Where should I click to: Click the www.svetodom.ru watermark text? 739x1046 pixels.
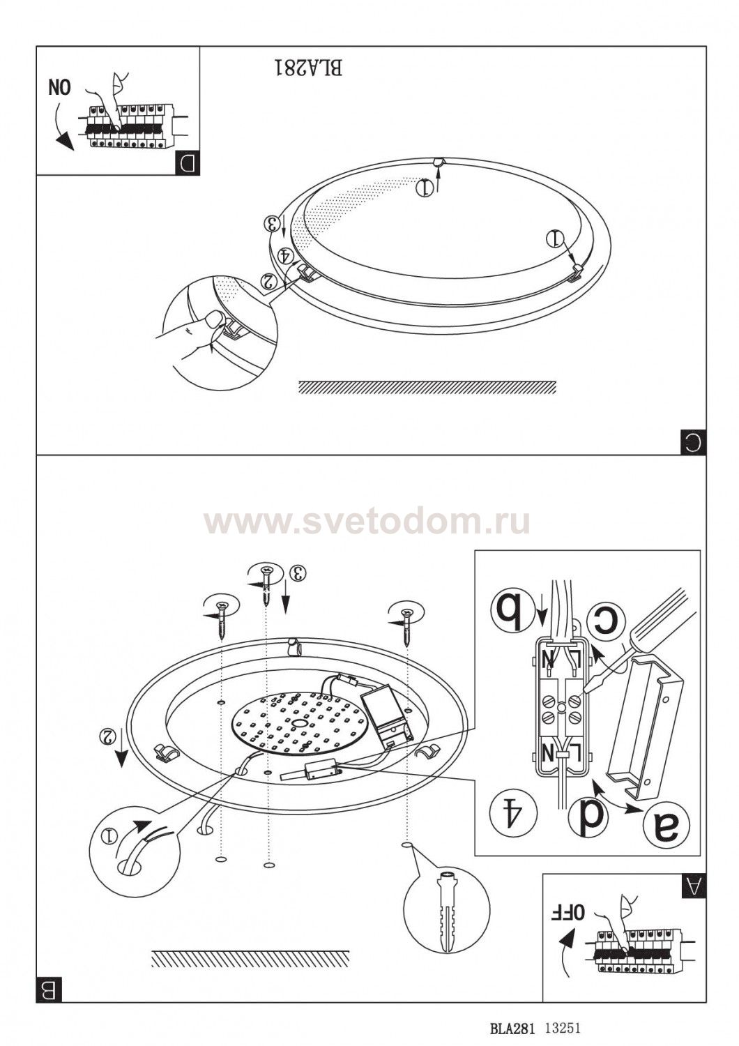click(367, 522)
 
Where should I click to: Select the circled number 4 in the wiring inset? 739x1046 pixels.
click(514, 814)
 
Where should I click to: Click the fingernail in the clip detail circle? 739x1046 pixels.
click(214, 320)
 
